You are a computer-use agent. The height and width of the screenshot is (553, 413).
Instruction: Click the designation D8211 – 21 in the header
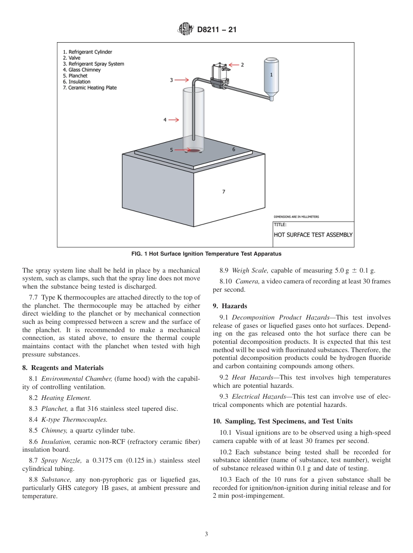pos(216,30)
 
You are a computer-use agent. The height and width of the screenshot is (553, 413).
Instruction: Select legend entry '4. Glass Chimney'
pos(82,70)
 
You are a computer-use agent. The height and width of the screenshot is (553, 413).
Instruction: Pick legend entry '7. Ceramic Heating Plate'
pos(90,88)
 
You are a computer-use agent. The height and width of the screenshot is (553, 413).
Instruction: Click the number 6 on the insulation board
pos(233,150)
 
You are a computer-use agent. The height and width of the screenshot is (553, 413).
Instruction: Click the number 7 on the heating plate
pos(223,191)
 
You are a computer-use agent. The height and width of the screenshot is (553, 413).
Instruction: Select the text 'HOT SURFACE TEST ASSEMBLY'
pos(313,234)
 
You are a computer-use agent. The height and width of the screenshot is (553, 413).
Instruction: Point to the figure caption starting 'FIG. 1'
pos(206,254)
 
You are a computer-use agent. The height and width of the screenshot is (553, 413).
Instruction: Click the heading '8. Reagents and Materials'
pos(63,368)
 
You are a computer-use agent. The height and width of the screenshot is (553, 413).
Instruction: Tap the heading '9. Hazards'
pos(230,306)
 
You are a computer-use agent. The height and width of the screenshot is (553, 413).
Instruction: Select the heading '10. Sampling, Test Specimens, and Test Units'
pos(283,421)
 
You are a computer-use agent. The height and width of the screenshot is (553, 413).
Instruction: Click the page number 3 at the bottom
pos(206,534)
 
